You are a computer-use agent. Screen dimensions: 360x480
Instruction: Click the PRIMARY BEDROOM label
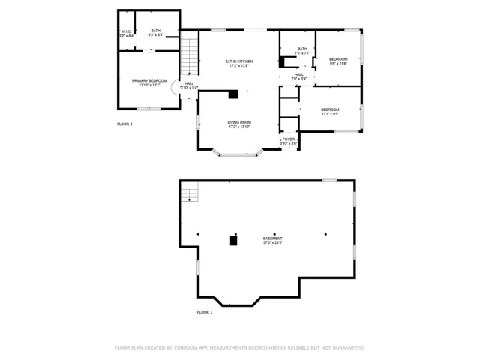pos(149,80)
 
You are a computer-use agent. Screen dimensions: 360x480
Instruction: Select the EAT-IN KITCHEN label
pos(240,61)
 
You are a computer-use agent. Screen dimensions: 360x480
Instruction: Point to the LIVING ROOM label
pos(239,122)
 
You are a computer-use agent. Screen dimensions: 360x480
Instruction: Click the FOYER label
pos(288,139)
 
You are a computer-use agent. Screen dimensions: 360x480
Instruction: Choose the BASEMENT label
pos(272,238)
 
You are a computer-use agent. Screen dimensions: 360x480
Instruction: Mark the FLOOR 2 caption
pos(124,124)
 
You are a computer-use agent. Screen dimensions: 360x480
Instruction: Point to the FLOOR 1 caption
pos(205,311)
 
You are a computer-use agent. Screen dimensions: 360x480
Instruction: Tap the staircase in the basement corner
pos(190,194)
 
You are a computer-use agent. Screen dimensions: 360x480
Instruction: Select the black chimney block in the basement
pos(233,240)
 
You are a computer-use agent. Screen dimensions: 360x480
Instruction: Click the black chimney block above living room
pos(233,94)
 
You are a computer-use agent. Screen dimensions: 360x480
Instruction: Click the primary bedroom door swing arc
pos(175,87)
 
